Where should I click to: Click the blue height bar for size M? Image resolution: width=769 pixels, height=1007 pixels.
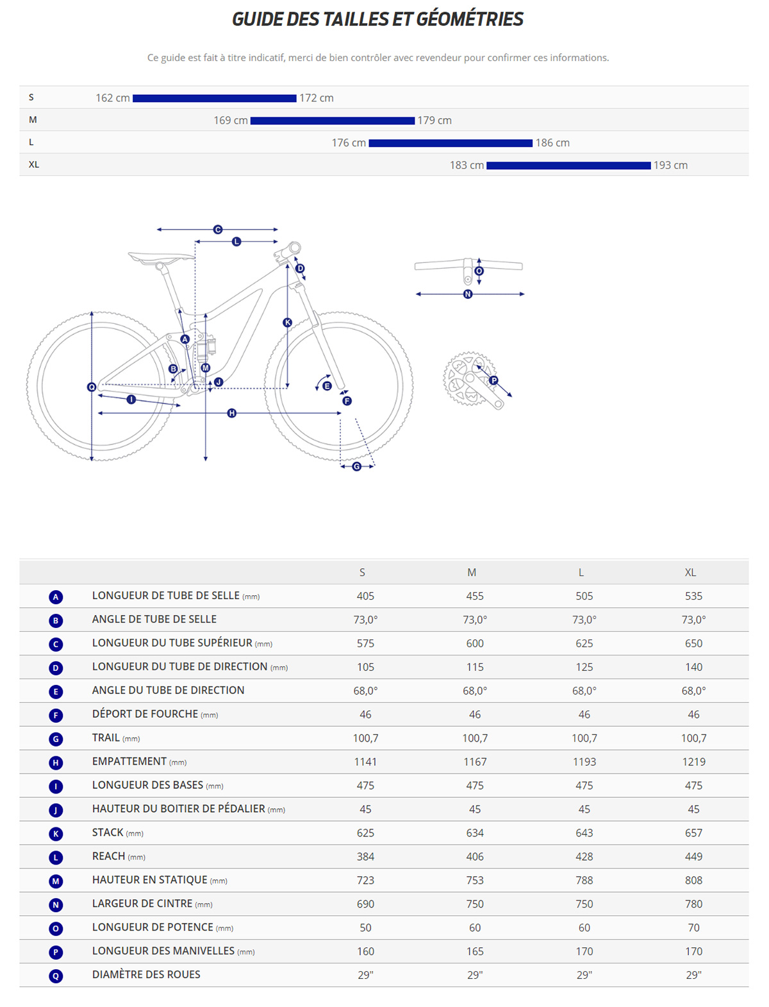point(332,121)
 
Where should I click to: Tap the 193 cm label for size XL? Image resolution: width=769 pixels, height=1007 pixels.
point(670,165)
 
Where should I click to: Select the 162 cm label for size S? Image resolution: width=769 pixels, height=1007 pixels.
point(113,98)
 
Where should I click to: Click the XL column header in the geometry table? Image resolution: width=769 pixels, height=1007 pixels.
point(690,572)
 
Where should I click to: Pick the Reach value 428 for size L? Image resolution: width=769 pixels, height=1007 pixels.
point(584,857)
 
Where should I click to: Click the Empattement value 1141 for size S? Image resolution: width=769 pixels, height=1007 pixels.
point(365,762)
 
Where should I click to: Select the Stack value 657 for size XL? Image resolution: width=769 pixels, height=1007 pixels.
point(693,833)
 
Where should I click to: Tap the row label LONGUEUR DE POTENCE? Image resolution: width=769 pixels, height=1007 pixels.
point(153,927)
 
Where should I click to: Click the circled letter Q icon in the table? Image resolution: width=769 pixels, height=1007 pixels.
point(56,976)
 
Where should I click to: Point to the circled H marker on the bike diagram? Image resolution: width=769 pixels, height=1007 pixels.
point(232,413)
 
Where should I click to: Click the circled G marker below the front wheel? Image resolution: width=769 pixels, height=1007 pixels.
point(356,466)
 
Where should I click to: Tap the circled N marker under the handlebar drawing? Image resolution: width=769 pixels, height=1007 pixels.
point(468,294)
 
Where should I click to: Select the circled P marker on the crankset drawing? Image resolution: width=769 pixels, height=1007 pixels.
point(493,380)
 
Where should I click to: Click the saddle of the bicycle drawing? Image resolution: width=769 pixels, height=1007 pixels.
point(160,257)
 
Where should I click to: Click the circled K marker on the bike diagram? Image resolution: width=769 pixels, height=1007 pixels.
point(287,323)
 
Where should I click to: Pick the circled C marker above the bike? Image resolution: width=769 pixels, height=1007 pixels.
point(218,229)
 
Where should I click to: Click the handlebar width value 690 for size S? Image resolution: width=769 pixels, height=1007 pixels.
point(365,904)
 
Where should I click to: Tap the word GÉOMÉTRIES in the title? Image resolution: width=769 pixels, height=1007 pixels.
point(470,19)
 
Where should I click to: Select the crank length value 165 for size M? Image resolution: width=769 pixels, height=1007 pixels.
point(475,952)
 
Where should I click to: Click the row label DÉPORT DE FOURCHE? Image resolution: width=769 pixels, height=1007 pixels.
point(145,715)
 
